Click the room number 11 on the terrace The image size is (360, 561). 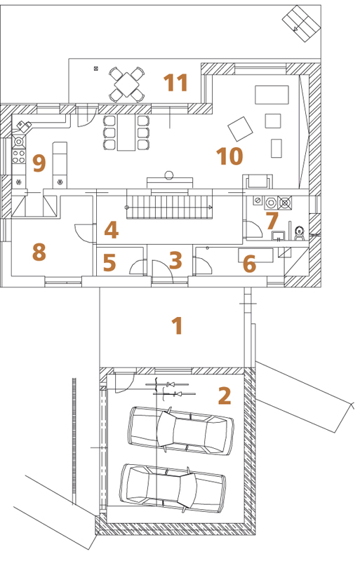coord(176,83)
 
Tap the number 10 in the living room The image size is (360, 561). coord(229,156)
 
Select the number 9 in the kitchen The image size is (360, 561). coord(39,163)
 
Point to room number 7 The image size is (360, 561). coord(272,221)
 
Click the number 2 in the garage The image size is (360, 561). coord(225,396)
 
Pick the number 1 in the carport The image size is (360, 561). coord(178,325)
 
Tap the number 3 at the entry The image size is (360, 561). coord(175,260)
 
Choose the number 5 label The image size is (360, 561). coord(109,262)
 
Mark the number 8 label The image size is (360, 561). coord(39,252)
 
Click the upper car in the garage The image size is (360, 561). coord(181,431)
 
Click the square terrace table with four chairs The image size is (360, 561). coord(127,84)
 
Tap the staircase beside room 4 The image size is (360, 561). coord(169,207)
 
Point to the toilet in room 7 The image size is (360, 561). coord(299,233)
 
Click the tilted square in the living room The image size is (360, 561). coord(240,129)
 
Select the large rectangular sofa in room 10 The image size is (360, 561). coord(272,95)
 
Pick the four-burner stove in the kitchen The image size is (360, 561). coord(20,156)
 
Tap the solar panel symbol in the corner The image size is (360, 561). coord(300,23)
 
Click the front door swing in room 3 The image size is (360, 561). coord(162,271)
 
